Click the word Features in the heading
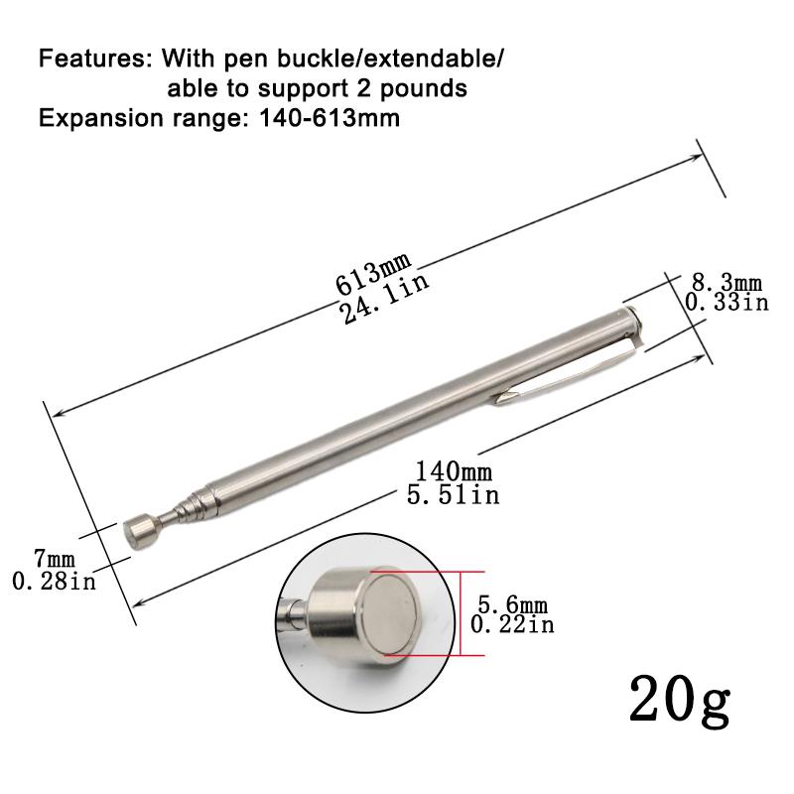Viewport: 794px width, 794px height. coord(90,59)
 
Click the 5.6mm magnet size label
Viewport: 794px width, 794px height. coord(512,605)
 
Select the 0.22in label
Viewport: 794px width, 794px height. coord(512,624)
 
